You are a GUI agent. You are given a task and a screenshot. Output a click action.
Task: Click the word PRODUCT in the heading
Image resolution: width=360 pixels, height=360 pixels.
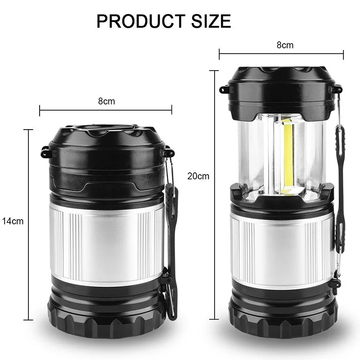coord(141,21)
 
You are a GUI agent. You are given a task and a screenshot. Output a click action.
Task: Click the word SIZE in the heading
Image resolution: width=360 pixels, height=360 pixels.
coord(211,21)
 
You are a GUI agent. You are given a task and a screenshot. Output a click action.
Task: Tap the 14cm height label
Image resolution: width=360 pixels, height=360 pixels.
coord(13,221)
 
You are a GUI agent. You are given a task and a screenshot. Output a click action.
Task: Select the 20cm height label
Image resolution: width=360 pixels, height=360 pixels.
coord(198,176)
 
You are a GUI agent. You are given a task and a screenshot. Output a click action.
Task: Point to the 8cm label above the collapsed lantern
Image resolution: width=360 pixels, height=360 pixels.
coord(107,101)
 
